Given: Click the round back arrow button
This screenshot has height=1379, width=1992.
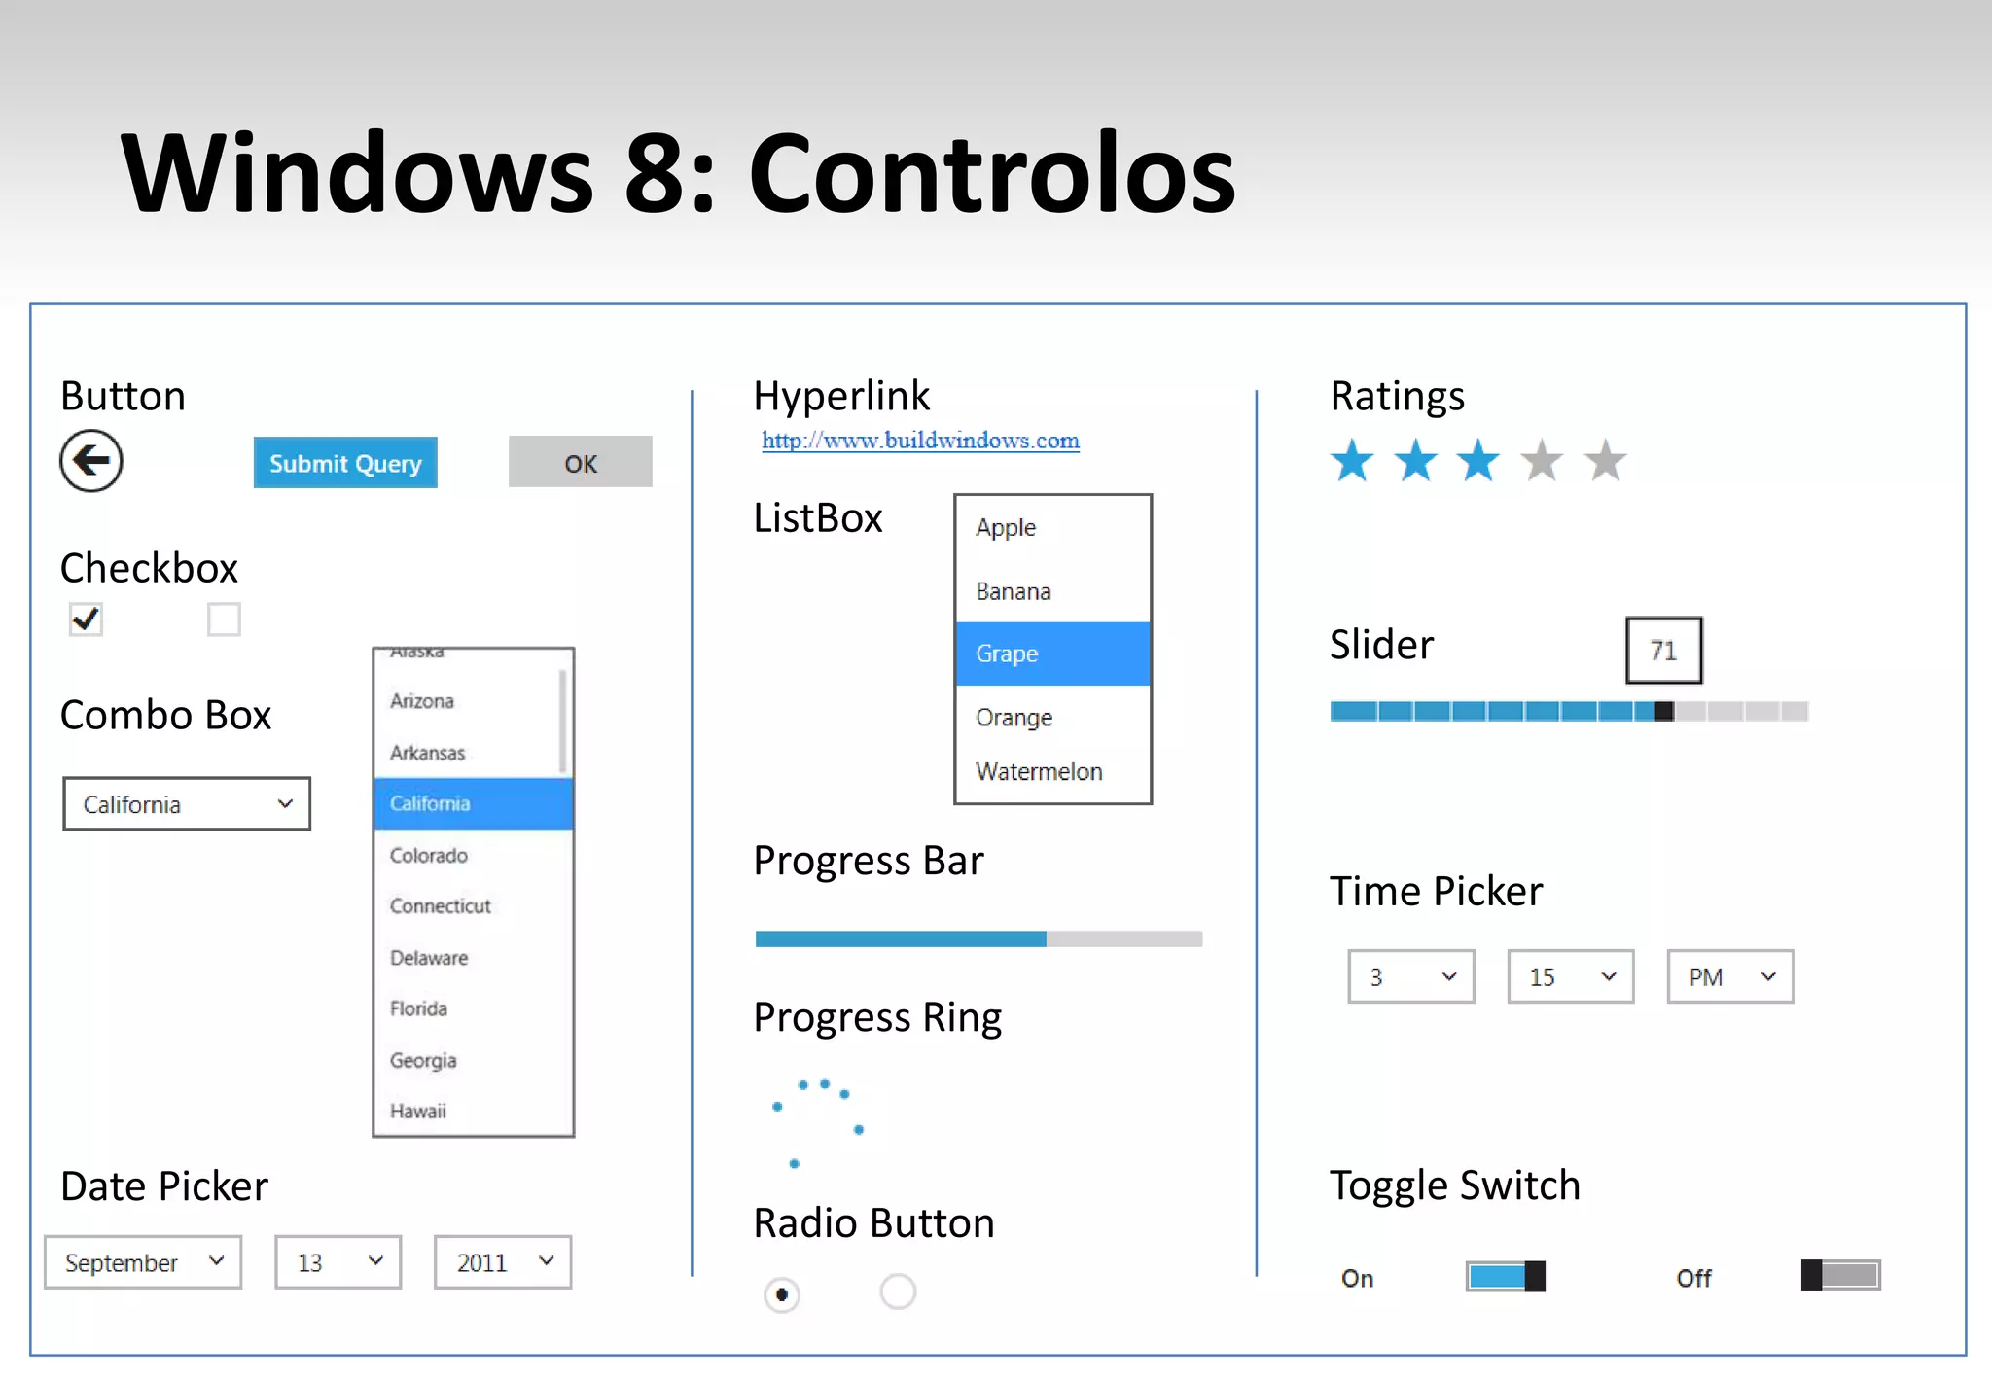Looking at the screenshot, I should pos(91,461).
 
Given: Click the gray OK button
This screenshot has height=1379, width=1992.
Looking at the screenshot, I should pos(580,462).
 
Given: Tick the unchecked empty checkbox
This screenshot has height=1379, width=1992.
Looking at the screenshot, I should pos(224,619).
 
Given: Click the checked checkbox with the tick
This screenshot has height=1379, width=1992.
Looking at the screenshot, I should pos(86,619).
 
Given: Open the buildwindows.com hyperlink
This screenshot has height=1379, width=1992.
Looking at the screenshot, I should pos(920,441).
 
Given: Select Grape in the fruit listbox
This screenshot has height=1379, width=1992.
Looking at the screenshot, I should pos(1052,654).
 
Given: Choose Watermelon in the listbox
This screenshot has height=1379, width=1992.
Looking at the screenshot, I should pos(1039,771).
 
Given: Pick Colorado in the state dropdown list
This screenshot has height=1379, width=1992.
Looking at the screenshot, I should pos(429,855).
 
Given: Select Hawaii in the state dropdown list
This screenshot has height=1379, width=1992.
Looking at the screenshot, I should pos(418,1111).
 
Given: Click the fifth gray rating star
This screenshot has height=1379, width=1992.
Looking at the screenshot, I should pos(1605,461).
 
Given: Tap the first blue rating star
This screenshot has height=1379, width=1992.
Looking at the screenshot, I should pos(1352,461).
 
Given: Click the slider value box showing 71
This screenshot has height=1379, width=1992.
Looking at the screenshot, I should pos(1663,650).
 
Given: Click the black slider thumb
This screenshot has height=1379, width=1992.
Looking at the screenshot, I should pos(1664,711).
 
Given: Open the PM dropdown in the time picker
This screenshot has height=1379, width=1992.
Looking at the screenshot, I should pos(1729,976).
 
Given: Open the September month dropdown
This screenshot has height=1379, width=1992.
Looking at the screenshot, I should pos(143,1262).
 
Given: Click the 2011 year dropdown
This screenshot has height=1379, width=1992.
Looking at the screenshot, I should pos(503,1262).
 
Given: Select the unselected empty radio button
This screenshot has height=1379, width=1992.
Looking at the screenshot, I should pos(898,1292).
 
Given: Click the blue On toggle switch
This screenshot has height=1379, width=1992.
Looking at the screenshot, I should pos(1505,1276).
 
